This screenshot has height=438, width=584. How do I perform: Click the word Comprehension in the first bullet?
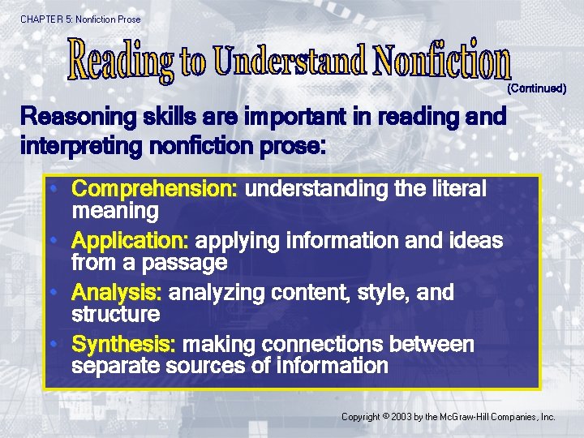(154, 190)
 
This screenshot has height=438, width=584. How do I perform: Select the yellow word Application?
(130, 242)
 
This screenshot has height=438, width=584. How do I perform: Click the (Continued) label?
(536, 88)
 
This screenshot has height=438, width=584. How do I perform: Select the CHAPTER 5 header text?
(45, 19)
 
